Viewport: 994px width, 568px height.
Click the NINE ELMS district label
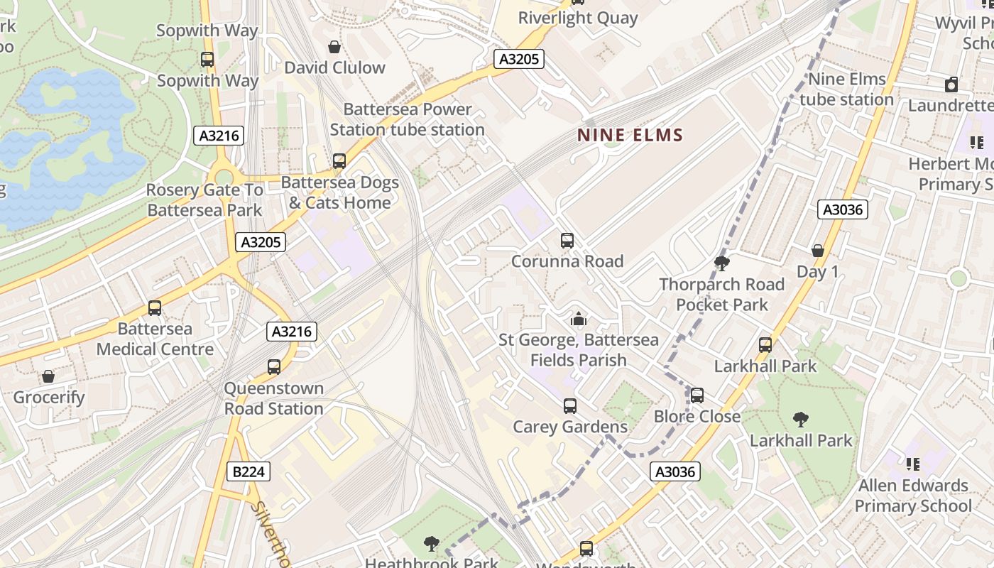click(630, 135)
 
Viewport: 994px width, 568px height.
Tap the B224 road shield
click(249, 471)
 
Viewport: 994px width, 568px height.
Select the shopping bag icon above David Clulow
click(334, 47)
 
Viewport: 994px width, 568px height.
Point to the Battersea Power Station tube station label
click(408, 119)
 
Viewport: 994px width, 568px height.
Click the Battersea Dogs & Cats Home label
click(340, 192)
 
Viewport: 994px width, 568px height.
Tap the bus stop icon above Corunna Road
click(567, 241)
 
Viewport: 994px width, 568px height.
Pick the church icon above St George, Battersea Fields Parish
click(579, 319)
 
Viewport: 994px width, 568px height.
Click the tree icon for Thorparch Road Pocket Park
click(722, 264)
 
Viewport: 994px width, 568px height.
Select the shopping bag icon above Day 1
click(818, 251)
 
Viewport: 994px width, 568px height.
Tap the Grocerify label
click(49, 398)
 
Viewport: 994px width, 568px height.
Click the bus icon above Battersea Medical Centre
click(155, 308)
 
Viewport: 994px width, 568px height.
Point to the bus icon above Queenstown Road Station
click(274, 367)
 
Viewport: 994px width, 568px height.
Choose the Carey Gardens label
click(570, 427)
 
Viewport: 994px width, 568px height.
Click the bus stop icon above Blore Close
click(697, 395)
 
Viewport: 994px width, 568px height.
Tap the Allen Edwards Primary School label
click(912, 496)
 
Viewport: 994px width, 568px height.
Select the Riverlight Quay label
click(577, 18)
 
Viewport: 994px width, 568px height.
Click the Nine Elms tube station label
click(846, 89)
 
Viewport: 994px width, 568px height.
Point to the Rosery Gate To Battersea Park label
click(204, 200)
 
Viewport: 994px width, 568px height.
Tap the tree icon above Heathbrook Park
click(431, 545)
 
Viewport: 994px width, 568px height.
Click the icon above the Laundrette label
click(951, 85)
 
